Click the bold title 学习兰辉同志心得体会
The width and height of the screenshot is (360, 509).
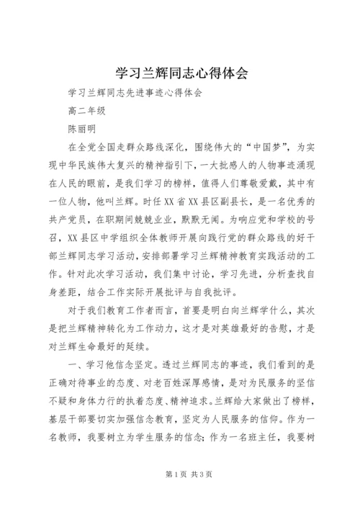[x=180, y=73]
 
